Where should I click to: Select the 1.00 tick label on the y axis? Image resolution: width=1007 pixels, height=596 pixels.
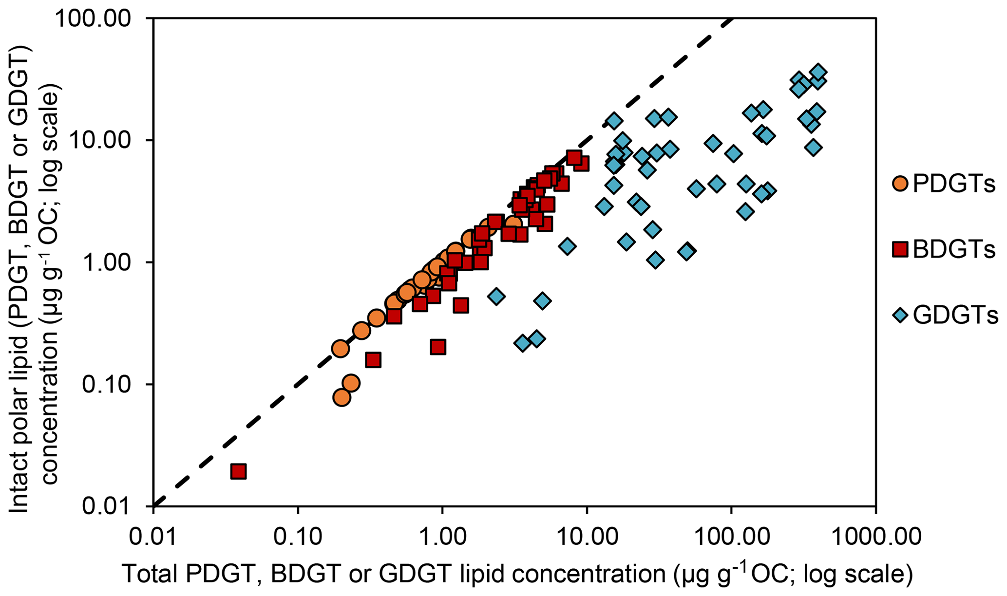point(110,262)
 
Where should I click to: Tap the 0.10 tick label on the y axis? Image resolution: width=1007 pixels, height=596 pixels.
point(110,385)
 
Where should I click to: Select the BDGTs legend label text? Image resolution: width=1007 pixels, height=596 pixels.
point(954,250)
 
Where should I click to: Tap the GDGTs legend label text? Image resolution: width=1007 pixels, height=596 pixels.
point(955,316)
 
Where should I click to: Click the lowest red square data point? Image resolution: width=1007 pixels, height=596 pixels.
point(238,471)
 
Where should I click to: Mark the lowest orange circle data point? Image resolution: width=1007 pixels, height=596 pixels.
point(342,398)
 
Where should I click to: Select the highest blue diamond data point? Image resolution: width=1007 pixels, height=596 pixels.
point(818,72)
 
